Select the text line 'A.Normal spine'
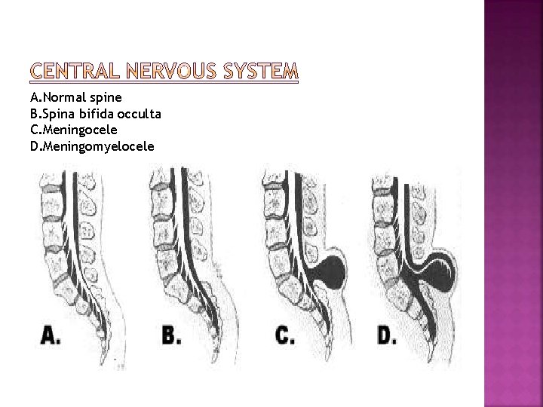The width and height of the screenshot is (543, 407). click(x=76, y=98)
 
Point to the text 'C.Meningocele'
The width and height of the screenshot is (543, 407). click(x=73, y=129)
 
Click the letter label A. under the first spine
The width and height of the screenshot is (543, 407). click(x=51, y=335)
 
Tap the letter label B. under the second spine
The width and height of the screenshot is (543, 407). click(x=171, y=335)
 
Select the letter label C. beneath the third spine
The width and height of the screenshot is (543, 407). click(x=285, y=335)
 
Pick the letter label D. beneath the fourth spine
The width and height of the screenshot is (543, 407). click(x=386, y=335)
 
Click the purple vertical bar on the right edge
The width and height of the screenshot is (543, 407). click(x=513, y=203)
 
